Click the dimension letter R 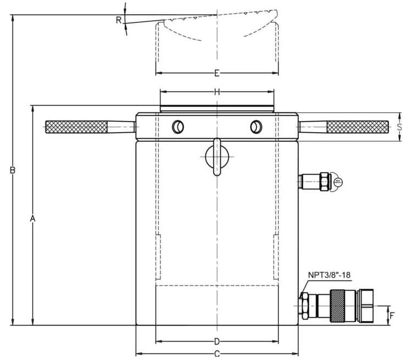click(x=118, y=20)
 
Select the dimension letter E click(x=217, y=73)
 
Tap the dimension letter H click(x=217, y=92)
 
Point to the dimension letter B click(x=12, y=170)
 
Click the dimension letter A click(x=33, y=219)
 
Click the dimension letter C click(x=217, y=353)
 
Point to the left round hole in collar click(x=177, y=127)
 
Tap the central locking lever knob click(x=217, y=157)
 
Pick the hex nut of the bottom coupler click(x=305, y=305)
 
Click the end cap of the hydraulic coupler click(x=366, y=305)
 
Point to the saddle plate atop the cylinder click(x=217, y=108)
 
